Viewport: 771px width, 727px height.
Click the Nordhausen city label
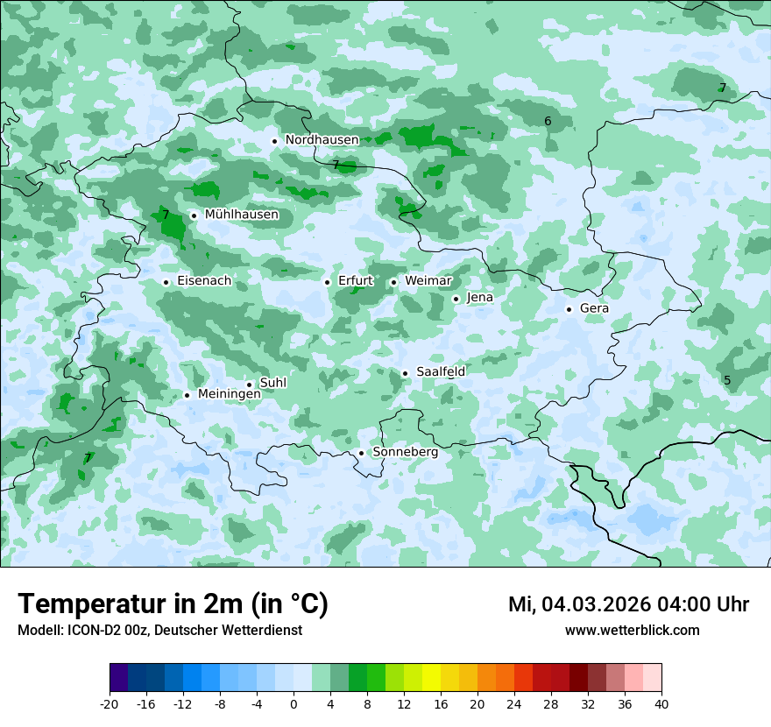click(x=322, y=140)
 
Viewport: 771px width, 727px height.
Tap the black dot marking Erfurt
click(x=327, y=282)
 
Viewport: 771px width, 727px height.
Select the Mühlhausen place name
click(x=241, y=215)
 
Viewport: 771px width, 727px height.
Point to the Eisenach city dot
click(x=166, y=282)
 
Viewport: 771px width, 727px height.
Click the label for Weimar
click(x=428, y=281)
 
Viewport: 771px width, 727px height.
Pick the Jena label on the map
click(x=479, y=298)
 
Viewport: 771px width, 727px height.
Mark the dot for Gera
click(x=569, y=309)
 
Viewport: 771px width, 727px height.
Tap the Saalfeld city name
click(x=440, y=372)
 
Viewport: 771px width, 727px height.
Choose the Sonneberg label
click(x=405, y=453)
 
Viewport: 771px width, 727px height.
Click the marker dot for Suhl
click(x=249, y=385)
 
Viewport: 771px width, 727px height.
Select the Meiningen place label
click(x=229, y=395)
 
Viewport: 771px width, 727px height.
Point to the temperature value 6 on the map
click(x=548, y=122)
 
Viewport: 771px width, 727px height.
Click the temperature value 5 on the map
click(x=726, y=380)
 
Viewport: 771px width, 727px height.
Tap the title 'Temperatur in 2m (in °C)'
click(x=173, y=604)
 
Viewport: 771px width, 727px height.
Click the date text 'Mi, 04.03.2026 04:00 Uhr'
click(x=628, y=604)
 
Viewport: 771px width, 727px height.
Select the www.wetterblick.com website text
click(x=632, y=631)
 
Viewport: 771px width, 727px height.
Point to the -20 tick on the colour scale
click(x=110, y=704)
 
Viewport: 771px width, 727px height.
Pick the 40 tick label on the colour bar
click(x=661, y=704)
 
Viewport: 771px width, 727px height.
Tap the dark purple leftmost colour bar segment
click(x=118, y=678)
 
